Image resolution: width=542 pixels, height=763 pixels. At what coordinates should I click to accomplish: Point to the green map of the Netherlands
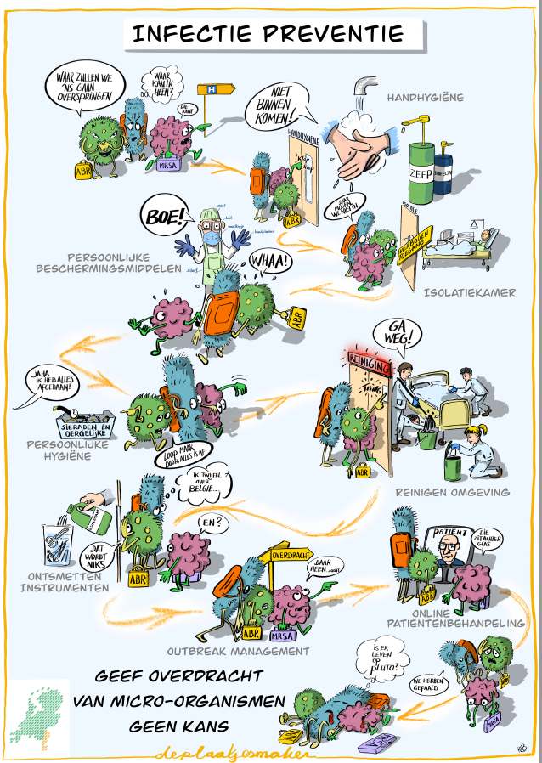pyautogui.click(x=40, y=711)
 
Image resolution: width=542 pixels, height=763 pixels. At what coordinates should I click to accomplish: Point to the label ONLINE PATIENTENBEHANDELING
pyautogui.click(x=466, y=616)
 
